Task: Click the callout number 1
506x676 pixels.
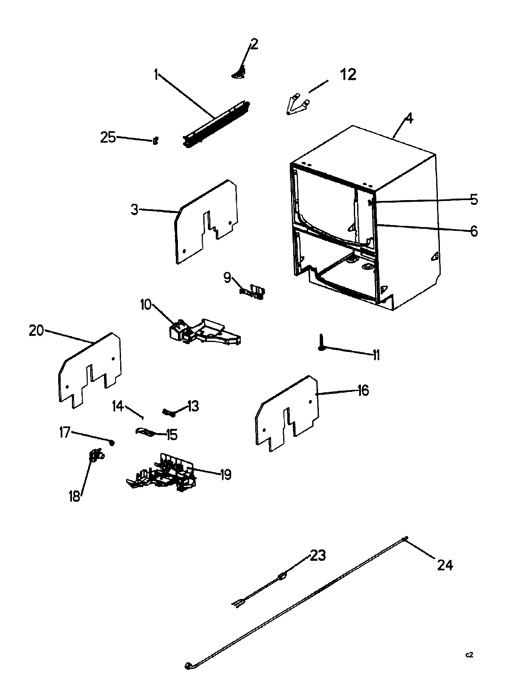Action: tap(156, 75)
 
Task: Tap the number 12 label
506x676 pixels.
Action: tap(348, 75)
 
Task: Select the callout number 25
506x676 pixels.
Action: tap(108, 137)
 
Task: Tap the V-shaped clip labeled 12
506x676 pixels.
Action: tap(298, 105)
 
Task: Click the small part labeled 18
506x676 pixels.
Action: tap(96, 456)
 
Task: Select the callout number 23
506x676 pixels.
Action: tap(318, 555)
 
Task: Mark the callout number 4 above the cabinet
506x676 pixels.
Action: tap(409, 118)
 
